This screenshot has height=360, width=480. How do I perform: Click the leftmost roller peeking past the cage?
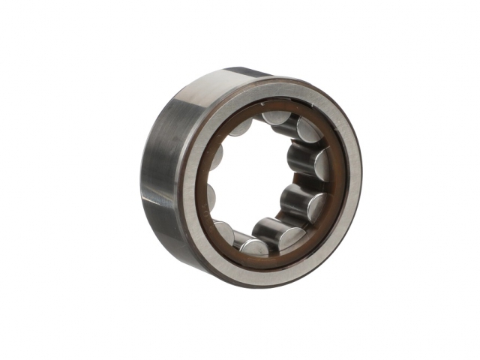(211, 196)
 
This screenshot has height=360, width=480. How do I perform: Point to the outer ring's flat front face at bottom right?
(330, 240)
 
